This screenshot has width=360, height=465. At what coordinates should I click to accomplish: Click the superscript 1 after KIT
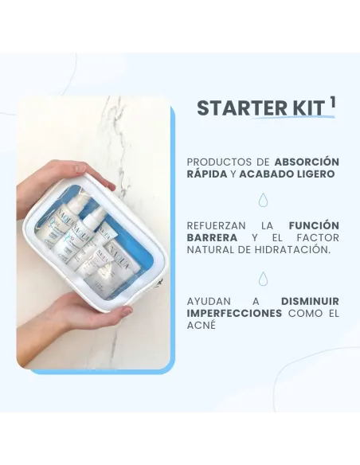coord(332,102)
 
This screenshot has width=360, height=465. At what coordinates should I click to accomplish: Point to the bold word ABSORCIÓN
coord(307,161)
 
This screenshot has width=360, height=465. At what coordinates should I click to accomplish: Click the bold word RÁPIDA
coord(206,174)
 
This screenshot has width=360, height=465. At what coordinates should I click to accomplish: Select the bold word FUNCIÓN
coord(314,225)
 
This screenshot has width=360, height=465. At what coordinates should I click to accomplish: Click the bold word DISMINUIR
coord(310,301)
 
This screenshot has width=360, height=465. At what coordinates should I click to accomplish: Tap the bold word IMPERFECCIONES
coord(234,314)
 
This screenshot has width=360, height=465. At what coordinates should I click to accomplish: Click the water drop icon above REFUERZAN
coord(263,200)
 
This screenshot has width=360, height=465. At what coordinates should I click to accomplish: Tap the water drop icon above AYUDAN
coord(263,278)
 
